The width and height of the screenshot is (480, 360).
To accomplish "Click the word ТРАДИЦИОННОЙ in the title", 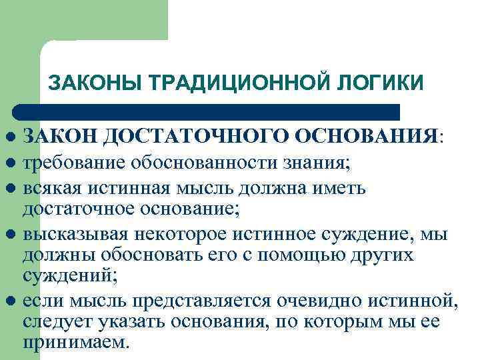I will (x=241, y=83).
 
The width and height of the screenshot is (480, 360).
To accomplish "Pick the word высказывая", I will (x=76, y=235).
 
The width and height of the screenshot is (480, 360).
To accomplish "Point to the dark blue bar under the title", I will (x=207, y=111).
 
